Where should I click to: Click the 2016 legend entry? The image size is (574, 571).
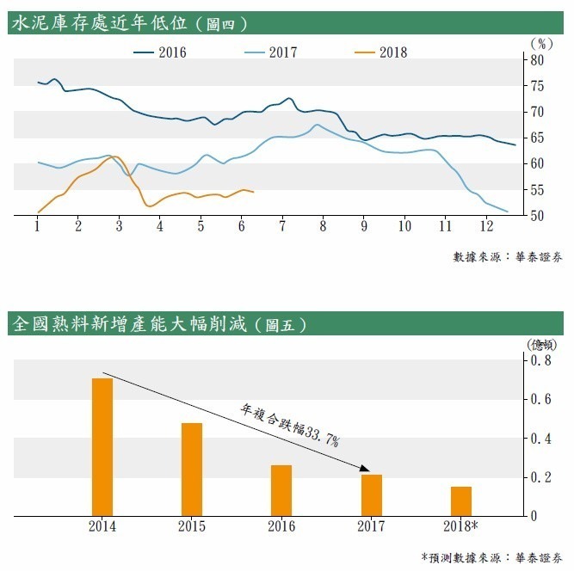(159, 52)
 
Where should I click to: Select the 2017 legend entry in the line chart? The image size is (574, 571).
(270, 52)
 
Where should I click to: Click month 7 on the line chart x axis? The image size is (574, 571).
(282, 226)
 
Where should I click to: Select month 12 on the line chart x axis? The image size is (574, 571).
(486, 226)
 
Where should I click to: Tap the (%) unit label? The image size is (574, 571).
(540, 42)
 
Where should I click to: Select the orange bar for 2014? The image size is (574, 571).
(102, 446)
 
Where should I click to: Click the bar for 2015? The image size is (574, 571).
(192, 469)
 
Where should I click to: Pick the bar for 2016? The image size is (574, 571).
(281, 490)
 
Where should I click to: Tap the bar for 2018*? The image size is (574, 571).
(461, 500)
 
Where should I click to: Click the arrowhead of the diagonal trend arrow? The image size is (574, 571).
(366, 470)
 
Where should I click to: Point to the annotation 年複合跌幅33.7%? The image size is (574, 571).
(290, 425)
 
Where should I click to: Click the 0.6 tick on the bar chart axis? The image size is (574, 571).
(543, 399)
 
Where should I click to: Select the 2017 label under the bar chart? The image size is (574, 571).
(371, 525)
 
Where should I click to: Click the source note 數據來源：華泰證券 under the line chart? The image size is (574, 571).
(508, 256)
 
